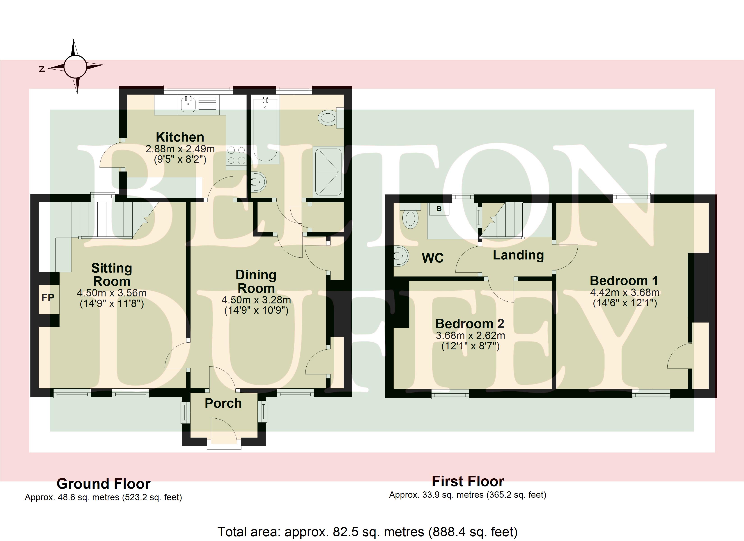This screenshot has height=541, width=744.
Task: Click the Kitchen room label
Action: click(x=180, y=137)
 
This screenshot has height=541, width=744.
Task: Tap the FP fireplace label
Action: click(x=48, y=298)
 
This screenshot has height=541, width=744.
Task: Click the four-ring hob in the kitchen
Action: click(x=236, y=155)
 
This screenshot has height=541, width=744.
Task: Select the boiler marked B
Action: click(x=439, y=209)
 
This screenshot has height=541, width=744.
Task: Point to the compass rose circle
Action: click(x=75, y=66)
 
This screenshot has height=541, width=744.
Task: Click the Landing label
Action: click(x=518, y=255)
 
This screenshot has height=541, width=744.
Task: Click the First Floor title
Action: click(x=468, y=481)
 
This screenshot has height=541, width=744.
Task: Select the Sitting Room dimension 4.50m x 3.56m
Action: click(x=112, y=293)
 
